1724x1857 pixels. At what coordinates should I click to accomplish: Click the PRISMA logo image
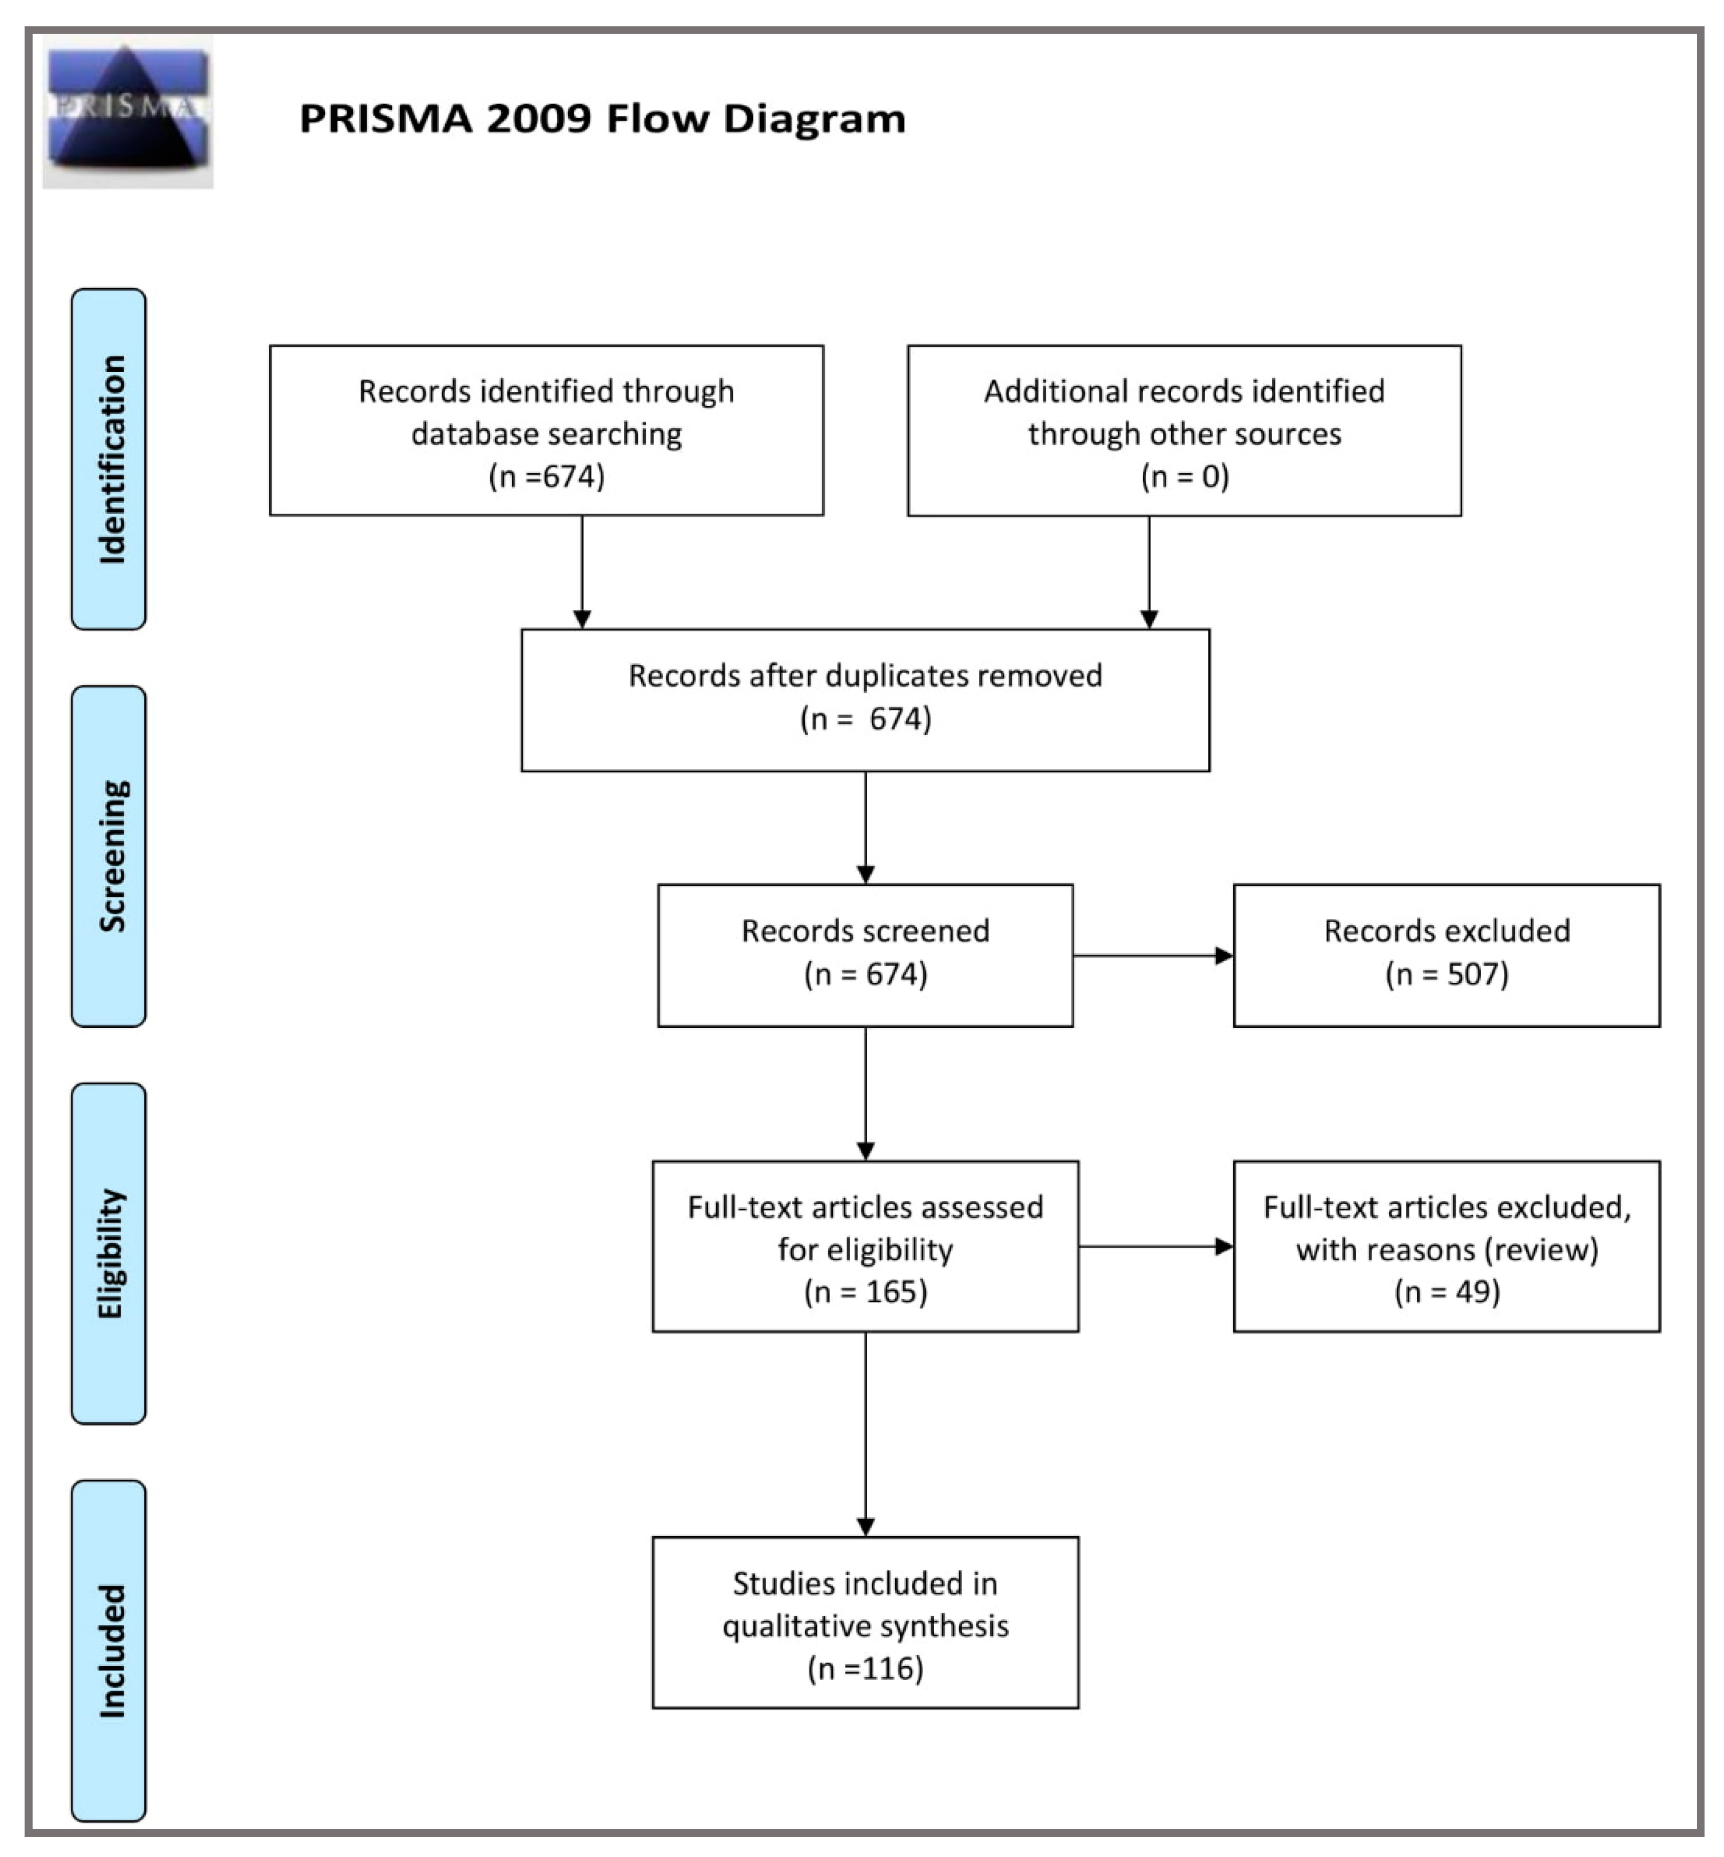click(x=128, y=113)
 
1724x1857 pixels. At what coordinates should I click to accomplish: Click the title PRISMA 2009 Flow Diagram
click(x=602, y=118)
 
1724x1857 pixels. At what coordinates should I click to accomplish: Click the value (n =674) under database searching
click(x=547, y=477)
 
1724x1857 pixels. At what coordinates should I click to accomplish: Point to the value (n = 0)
click(x=1184, y=477)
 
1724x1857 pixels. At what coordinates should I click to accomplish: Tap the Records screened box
click(x=865, y=955)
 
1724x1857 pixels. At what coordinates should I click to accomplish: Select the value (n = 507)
click(x=1446, y=974)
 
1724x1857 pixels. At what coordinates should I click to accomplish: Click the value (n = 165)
click(x=865, y=1292)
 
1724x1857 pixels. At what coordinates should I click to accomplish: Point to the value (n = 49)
click(x=1446, y=1292)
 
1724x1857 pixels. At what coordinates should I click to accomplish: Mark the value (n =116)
click(x=865, y=1668)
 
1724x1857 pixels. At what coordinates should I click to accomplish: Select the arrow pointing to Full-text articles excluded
click(x=1156, y=1246)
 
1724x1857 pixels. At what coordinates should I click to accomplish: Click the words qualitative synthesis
click(x=865, y=1625)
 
